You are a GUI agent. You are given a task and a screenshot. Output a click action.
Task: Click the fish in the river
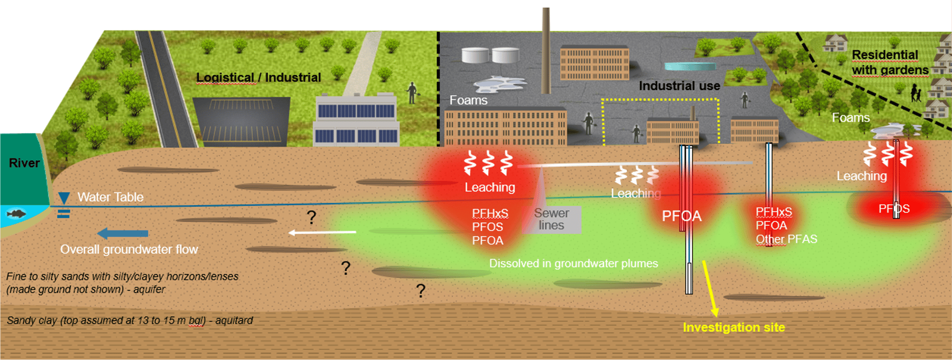(x=16, y=213)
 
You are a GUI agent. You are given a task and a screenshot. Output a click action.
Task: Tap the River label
(x=24, y=163)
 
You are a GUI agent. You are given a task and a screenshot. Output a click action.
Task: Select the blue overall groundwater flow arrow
(x=123, y=233)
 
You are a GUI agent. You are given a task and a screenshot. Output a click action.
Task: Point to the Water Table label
(x=110, y=197)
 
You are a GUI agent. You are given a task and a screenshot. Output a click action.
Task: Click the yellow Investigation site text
(x=734, y=327)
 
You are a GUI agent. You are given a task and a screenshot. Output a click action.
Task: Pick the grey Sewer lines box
(x=552, y=220)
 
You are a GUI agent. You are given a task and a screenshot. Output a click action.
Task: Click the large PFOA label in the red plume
(x=682, y=216)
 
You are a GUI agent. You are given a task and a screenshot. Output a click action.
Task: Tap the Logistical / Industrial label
(x=258, y=77)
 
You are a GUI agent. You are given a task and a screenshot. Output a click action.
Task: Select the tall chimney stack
(x=546, y=48)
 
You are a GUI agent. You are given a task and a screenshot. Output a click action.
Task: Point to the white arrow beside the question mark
(x=322, y=232)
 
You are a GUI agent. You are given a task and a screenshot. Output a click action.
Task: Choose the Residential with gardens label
(x=889, y=62)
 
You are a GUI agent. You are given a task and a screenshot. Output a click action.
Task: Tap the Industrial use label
(x=679, y=86)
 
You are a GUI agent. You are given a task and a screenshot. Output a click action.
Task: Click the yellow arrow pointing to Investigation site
(x=709, y=288)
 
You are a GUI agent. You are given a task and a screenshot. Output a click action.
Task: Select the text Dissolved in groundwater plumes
(x=574, y=263)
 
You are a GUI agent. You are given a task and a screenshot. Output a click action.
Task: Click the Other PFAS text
(x=786, y=239)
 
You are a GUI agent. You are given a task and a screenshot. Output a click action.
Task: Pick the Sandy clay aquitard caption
(x=129, y=320)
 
